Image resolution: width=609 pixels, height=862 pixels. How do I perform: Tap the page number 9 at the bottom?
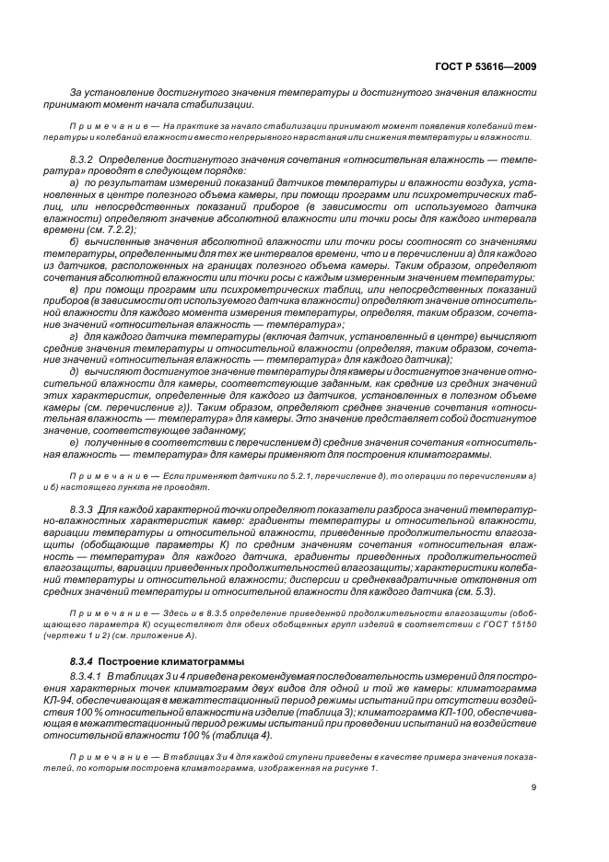[534, 787]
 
